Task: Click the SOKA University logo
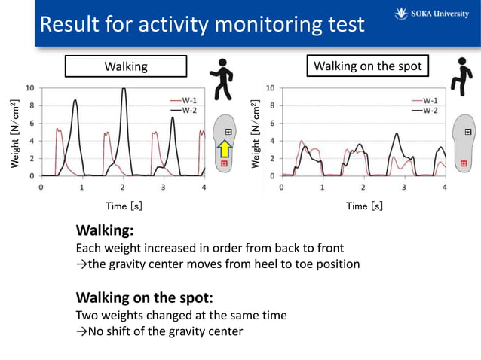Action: coord(434,13)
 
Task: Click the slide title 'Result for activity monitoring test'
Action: coord(201,24)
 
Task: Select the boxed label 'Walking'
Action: coord(126,67)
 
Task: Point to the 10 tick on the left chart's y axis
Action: coord(29,87)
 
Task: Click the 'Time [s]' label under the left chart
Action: coord(123,206)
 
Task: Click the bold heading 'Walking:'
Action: coord(105,230)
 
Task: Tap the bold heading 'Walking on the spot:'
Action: coord(145,297)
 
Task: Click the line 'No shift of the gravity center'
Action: coord(165,331)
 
